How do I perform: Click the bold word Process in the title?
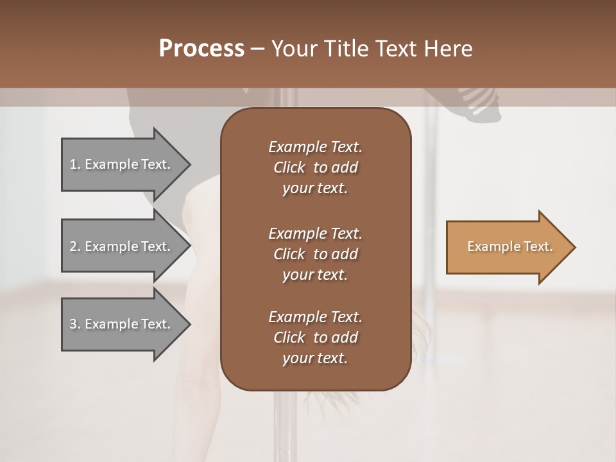coord(201,49)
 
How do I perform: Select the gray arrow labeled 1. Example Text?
coord(122,164)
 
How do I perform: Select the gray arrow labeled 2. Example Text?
coord(122,246)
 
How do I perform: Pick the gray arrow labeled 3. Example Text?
coord(122,324)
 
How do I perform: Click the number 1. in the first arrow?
coord(74,164)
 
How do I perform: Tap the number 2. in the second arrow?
coord(74,246)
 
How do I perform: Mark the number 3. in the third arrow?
coord(74,324)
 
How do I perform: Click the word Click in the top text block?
coord(289,167)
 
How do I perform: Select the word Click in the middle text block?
coord(289,254)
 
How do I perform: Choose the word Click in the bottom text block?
coord(289,338)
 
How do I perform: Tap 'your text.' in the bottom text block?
coord(315,359)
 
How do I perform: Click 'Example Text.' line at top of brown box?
coord(315,147)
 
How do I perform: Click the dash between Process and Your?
coord(258,49)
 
